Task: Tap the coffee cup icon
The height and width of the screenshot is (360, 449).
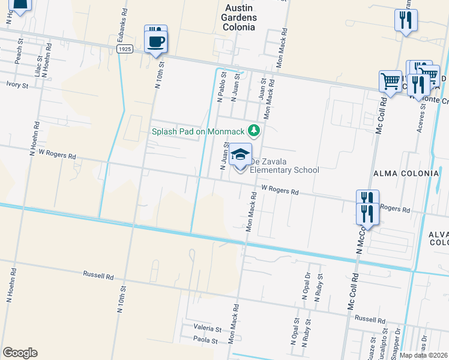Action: point(156,41)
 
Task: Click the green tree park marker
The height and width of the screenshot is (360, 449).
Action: point(255,130)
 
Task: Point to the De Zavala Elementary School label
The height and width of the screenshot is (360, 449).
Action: point(284,166)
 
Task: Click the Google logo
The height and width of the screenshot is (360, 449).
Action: point(20,353)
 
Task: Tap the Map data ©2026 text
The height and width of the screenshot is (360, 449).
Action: point(424,355)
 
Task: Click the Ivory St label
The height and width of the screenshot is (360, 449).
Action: point(17,85)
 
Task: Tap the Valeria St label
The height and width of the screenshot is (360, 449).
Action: point(207,329)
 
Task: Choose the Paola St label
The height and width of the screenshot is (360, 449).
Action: point(204,340)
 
